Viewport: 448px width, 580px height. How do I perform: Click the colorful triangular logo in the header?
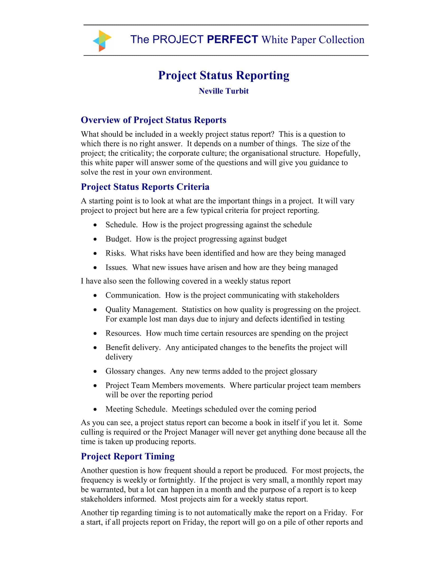click(x=102, y=41)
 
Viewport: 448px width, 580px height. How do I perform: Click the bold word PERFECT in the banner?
click(x=232, y=40)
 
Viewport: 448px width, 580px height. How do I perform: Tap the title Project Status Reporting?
click(x=223, y=75)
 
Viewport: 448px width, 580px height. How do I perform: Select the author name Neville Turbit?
click(x=223, y=91)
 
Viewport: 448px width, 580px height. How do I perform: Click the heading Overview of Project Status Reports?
click(x=153, y=120)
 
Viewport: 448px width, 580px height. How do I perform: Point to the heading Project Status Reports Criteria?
click(x=145, y=187)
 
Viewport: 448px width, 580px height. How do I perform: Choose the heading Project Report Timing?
click(x=128, y=456)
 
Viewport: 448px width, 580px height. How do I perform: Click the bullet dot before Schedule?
click(x=95, y=225)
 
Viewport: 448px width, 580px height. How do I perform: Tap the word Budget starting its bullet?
click(x=118, y=239)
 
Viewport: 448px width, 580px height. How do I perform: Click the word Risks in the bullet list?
click(x=115, y=253)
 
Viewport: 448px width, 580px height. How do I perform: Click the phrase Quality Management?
click(x=141, y=310)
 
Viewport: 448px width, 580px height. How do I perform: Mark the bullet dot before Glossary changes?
click(x=95, y=371)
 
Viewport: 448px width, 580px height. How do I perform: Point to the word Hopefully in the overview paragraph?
click(x=342, y=153)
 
